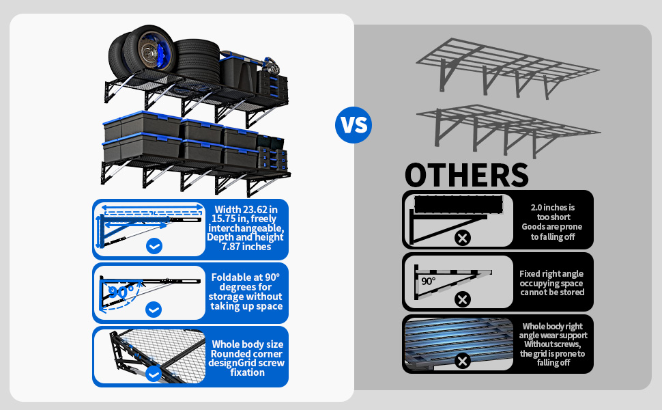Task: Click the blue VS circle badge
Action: pyautogui.click(x=354, y=125)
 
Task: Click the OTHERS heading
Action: pyautogui.click(x=467, y=174)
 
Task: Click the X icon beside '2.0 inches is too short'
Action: pyautogui.click(x=463, y=238)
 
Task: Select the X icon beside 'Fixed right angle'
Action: pyautogui.click(x=463, y=299)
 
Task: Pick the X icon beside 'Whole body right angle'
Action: pyautogui.click(x=463, y=361)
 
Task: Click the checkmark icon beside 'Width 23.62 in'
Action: pyautogui.click(x=154, y=246)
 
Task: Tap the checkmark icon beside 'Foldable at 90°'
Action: pyautogui.click(x=154, y=310)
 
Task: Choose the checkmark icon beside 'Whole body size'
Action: pyautogui.click(x=154, y=374)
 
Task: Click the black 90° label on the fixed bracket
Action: pyautogui.click(x=428, y=281)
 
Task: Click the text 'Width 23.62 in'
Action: pyautogui.click(x=246, y=209)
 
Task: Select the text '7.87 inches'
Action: pyautogui.click(x=246, y=246)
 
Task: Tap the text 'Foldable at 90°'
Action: pyautogui.click(x=246, y=277)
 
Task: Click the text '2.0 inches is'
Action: pyautogui.click(x=552, y=207)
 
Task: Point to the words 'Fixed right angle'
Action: pyautogui.click(x=551, y=273)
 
